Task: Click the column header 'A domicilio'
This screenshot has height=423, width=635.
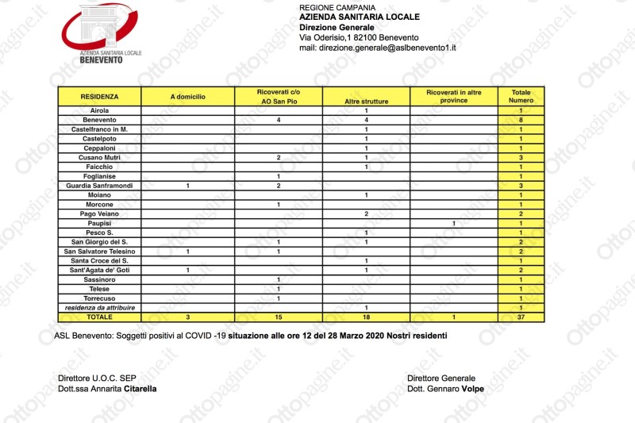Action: (188, 96)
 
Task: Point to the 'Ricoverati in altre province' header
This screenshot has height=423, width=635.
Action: (453, 97)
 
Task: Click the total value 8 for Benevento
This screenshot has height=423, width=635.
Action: (521, 119)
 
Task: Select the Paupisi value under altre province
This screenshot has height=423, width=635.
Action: (453, 223)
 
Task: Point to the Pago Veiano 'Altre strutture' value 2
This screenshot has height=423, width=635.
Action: (366, 213)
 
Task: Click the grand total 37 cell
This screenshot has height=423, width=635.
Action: (521, 317)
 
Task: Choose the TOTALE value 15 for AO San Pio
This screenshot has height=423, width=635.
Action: (279, 317)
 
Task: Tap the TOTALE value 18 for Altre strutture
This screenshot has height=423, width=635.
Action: (366, 317)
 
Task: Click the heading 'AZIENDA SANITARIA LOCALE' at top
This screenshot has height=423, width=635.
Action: (360, 17)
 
